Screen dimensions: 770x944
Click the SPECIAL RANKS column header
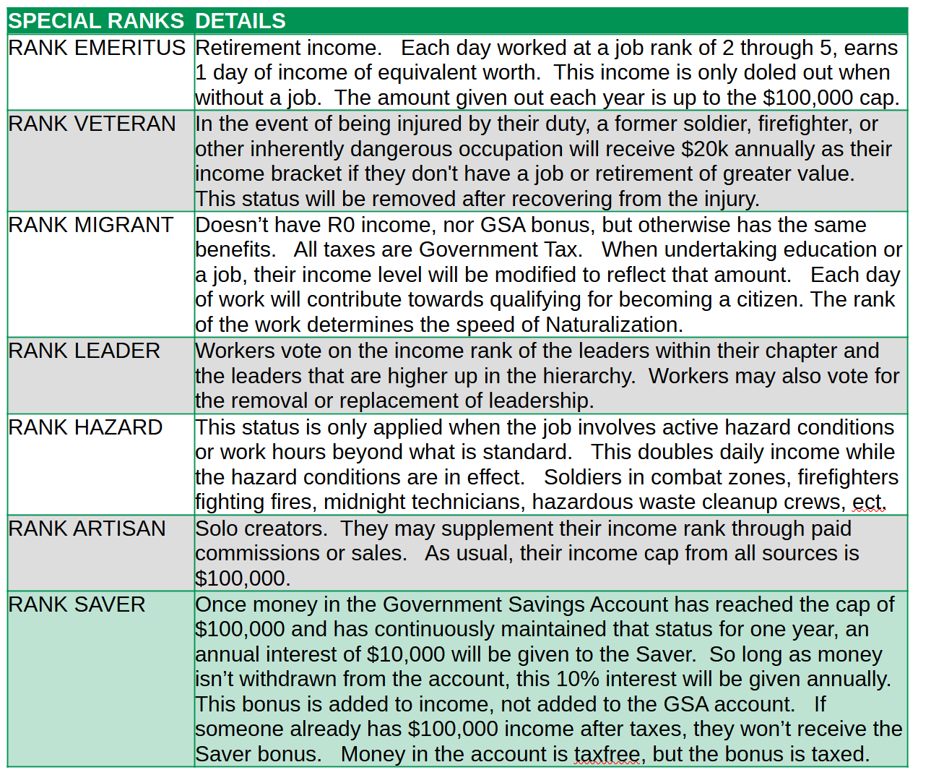point(96,21)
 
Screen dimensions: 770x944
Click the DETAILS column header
point(241,21)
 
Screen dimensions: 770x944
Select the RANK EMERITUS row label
point(97,48)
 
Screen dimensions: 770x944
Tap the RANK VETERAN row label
point(92,124)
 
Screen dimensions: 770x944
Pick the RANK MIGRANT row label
point(90,225)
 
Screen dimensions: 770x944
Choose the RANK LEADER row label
point(84,351)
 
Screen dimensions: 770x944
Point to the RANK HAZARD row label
point(85,427)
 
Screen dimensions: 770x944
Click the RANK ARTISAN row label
point(87,529)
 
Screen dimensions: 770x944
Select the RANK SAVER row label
point(77,604)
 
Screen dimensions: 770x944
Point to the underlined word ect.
point(867,502)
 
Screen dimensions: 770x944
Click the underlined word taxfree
point(607,754)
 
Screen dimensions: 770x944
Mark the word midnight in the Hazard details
point(366,502)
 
